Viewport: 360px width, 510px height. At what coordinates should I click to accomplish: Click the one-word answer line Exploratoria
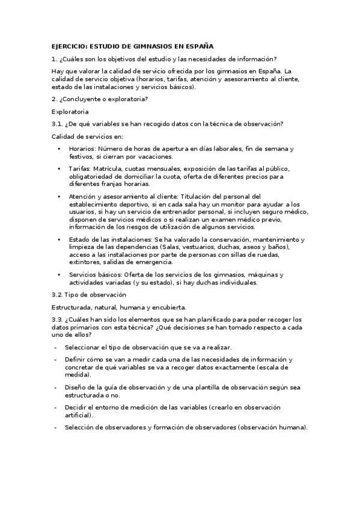tap(70, 111)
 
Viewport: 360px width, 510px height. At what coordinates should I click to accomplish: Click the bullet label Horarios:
tap(82, 149)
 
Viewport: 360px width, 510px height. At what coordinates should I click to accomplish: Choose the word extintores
tap(86, 262)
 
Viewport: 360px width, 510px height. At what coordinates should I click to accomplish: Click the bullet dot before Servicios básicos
tap(59, 275)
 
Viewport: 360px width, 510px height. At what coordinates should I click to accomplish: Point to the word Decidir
tap(76, 407)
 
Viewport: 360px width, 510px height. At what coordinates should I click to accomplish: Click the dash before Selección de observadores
tap(55, 428)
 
